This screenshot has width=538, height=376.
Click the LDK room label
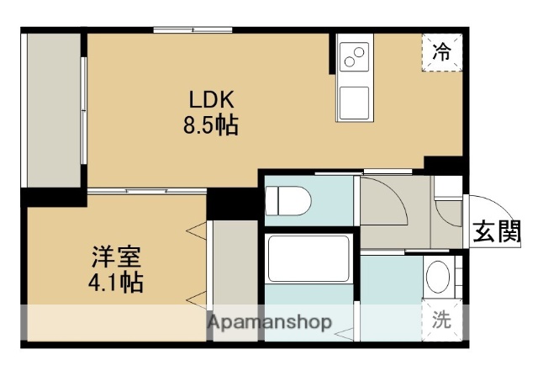click(x=204, y=99)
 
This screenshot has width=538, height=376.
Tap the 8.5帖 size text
click(x=210, y=126)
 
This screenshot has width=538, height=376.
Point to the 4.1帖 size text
click(x=116, y=282)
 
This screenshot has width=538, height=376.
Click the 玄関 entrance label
click(x=495, y=231)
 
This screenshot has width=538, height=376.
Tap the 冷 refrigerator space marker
click(x=440, y=52)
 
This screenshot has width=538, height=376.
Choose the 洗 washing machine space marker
click(x=441, y=320)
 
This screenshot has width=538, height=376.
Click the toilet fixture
click(x=287, y=202)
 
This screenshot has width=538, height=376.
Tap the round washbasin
click(x=437, y=275)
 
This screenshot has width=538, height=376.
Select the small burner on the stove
click(x=361, y=50)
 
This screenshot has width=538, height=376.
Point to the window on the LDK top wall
click(x=193, y=31)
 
